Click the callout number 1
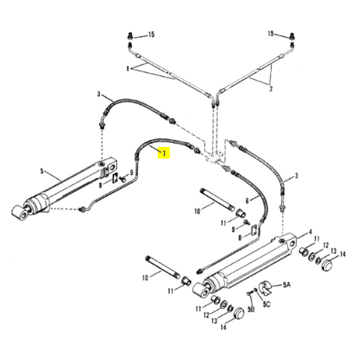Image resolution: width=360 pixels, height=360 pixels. (x=127, y=70)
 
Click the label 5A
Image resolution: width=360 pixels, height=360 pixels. (x=286, y=284)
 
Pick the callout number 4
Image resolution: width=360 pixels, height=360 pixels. (x=310, y=231)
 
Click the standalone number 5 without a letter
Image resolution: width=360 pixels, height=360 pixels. (x=42, y=172)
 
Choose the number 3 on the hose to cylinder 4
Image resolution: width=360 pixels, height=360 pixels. (x=295, y=178)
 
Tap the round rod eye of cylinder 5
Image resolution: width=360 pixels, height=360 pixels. (x=19, y=212)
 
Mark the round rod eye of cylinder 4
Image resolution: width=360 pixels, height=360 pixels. (x=199, y=292)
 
